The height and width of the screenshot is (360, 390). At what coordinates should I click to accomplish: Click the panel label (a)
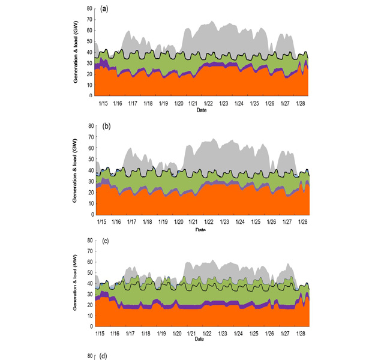(x=104, y=9)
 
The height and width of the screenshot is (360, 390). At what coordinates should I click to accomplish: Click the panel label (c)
(x=104, y=241)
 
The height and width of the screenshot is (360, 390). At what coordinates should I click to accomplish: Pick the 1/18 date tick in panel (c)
(x=146, y=332)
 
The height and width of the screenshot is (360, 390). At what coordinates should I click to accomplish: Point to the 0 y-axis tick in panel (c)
(x=90, y=326)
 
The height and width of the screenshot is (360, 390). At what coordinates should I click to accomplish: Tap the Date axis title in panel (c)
(x=200, y=339)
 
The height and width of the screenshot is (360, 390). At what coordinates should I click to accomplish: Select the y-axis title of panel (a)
(x=76, y=52)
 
